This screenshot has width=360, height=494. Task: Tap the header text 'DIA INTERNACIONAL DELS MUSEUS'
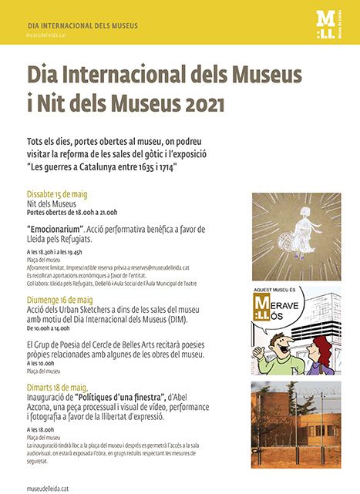[x=82, y=25]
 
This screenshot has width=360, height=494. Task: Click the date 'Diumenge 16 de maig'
[x=60, y=300]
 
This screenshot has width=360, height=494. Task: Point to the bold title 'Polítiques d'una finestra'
[x=118, y=396]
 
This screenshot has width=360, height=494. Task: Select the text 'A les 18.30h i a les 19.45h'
[x=60, y=251]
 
